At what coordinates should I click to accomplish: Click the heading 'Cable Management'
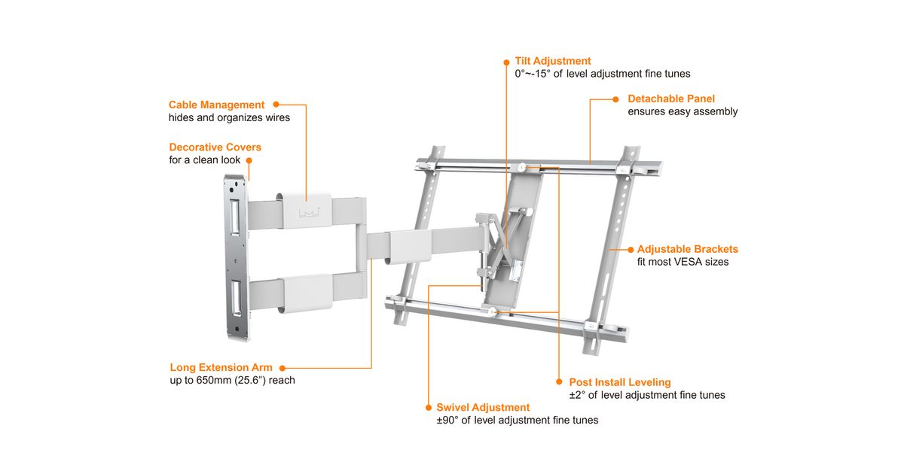(216, 105)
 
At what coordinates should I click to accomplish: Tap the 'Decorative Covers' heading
(215, 147)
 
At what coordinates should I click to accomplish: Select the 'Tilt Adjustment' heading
(552, 61)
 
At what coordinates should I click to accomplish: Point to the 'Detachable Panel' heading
(671, 99)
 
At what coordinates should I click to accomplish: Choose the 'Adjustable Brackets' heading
(687, 249)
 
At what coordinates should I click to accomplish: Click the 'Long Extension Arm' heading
(221, 367)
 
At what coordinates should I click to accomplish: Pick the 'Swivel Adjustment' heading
(483, 407)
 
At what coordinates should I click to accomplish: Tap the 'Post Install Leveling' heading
(619, 382)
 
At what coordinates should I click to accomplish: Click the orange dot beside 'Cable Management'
(276, 105)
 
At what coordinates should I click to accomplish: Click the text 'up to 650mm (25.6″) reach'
(232, 381)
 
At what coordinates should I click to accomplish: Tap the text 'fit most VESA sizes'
(683, 262)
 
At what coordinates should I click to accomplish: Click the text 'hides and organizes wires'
(229, 118)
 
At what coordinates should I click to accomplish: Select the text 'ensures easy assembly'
(683, 111)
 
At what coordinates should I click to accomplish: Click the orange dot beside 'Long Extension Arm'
(282, 368)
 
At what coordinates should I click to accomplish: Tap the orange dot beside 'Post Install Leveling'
(559, 382)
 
